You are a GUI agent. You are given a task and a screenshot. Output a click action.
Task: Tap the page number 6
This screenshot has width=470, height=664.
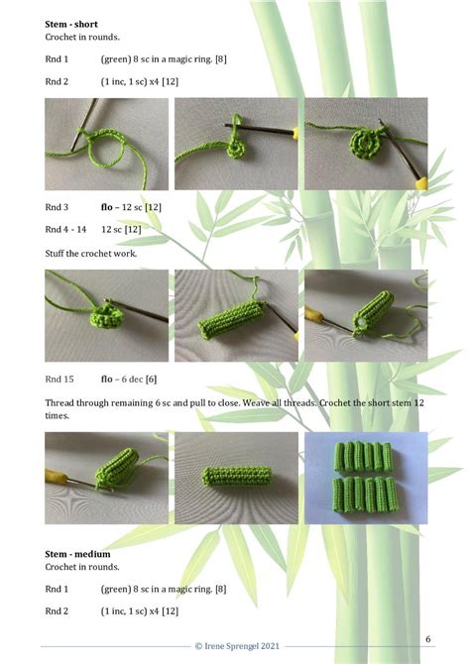pyautogui.click(x=428, y=638)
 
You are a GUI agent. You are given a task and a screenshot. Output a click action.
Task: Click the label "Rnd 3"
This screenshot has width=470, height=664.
pyautogui.click(x=57, y=208)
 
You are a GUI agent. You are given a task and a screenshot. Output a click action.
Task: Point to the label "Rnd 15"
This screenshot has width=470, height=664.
pyautogui.click(x=59, y=379)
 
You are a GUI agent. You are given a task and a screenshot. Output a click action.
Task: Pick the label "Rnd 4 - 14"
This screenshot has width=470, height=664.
pyautogui.click(x=65, y=229)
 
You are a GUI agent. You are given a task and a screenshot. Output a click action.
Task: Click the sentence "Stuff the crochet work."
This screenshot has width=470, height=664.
pyautogui.click(x=91, y=254)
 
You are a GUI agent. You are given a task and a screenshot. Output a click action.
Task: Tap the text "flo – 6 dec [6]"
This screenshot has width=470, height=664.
pyautogui.click(x=129, y=379)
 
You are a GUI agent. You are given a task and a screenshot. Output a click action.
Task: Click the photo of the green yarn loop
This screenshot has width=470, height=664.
pyautogui.click(x=106, y=144)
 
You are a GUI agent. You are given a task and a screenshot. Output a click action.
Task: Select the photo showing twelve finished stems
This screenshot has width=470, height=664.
pyautogui.click(x=365, y=478)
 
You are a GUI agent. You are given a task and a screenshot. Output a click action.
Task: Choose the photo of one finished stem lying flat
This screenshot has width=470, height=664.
pyautogui.click(x=236, y=478)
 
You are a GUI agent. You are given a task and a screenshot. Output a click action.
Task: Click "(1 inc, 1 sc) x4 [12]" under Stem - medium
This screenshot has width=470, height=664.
pyautogui.click(x=139, y=611)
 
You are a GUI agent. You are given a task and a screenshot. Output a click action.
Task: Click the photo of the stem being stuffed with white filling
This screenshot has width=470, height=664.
pyautogui.click(x=365, y=315)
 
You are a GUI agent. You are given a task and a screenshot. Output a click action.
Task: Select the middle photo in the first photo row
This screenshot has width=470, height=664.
pyautogui.click(x=236, y=144)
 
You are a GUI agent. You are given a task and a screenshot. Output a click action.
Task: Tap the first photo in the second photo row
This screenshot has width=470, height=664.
pyautogui.click(x=106, y=315)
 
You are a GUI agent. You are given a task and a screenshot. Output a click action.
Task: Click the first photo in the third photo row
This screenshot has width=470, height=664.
pyautogui.click(x=106, y=478)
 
